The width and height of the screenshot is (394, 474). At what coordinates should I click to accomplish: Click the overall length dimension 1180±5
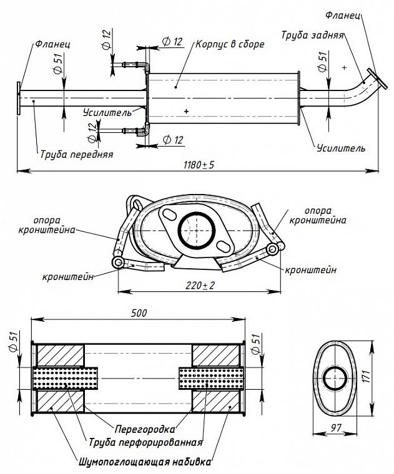[199, 165]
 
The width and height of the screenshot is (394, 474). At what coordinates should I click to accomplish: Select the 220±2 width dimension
[200, 285]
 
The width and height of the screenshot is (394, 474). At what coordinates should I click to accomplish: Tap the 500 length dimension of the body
[139, 313]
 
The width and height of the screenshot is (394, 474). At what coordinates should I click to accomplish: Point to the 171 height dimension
[367, 375]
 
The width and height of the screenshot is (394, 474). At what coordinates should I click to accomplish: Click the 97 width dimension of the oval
[335, 427]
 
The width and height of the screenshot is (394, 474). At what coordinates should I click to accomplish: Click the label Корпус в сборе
[230, 44]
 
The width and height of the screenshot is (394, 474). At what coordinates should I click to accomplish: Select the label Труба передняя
[77, 154]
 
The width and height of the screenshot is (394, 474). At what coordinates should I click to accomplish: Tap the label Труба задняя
[313, 35]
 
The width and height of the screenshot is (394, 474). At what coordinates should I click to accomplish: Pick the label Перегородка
[145, 429]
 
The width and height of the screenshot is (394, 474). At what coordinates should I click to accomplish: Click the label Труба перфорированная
[145, 443]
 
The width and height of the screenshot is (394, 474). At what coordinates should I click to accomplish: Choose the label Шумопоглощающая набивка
[145, 462]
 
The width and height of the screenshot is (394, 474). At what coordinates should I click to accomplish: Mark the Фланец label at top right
[343, 15]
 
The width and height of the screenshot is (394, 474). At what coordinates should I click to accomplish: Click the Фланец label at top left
[52, 44]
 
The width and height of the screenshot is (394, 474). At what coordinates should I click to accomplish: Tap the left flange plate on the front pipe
[19, 99]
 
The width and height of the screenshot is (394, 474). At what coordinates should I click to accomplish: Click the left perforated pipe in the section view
[65, 378]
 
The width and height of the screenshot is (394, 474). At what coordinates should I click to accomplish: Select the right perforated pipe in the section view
[211, 378]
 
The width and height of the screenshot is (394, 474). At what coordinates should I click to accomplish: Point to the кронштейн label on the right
[310, 269]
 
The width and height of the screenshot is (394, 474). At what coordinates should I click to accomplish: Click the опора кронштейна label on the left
[47, 225]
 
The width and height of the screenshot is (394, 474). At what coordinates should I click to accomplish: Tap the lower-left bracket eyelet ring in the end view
[118, 263]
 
